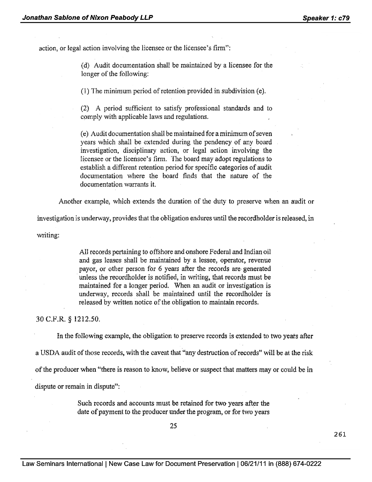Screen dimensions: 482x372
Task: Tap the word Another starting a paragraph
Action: click(71, 202)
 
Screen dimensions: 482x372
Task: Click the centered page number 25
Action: click(173, 426)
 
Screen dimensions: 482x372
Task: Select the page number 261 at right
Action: click(339, 434)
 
